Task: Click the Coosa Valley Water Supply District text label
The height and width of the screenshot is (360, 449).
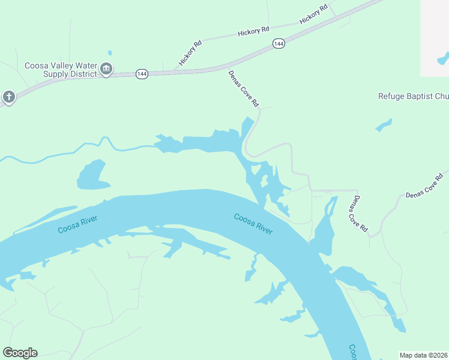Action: point(60,70)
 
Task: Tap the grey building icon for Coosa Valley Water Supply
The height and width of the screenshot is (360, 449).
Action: point(106,70)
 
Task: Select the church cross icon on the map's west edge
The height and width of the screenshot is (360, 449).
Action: point(8,97)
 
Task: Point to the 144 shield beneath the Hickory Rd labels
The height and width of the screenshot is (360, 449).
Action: point(278,44)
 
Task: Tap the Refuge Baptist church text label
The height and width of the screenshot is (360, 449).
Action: point(413,96)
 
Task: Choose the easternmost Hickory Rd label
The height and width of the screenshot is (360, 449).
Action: point(313,14)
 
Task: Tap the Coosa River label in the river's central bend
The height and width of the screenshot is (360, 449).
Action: point(253,224)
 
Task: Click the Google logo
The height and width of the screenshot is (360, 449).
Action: point(20,353)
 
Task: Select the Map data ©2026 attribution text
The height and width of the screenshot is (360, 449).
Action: point(423,355)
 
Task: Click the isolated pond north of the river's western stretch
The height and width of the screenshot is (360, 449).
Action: point(92,176)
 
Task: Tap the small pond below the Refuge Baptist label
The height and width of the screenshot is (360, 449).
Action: point(384,125)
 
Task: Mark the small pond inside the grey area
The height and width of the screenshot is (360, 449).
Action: point(443,59)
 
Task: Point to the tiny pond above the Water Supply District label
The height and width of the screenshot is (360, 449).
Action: point(110,53)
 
